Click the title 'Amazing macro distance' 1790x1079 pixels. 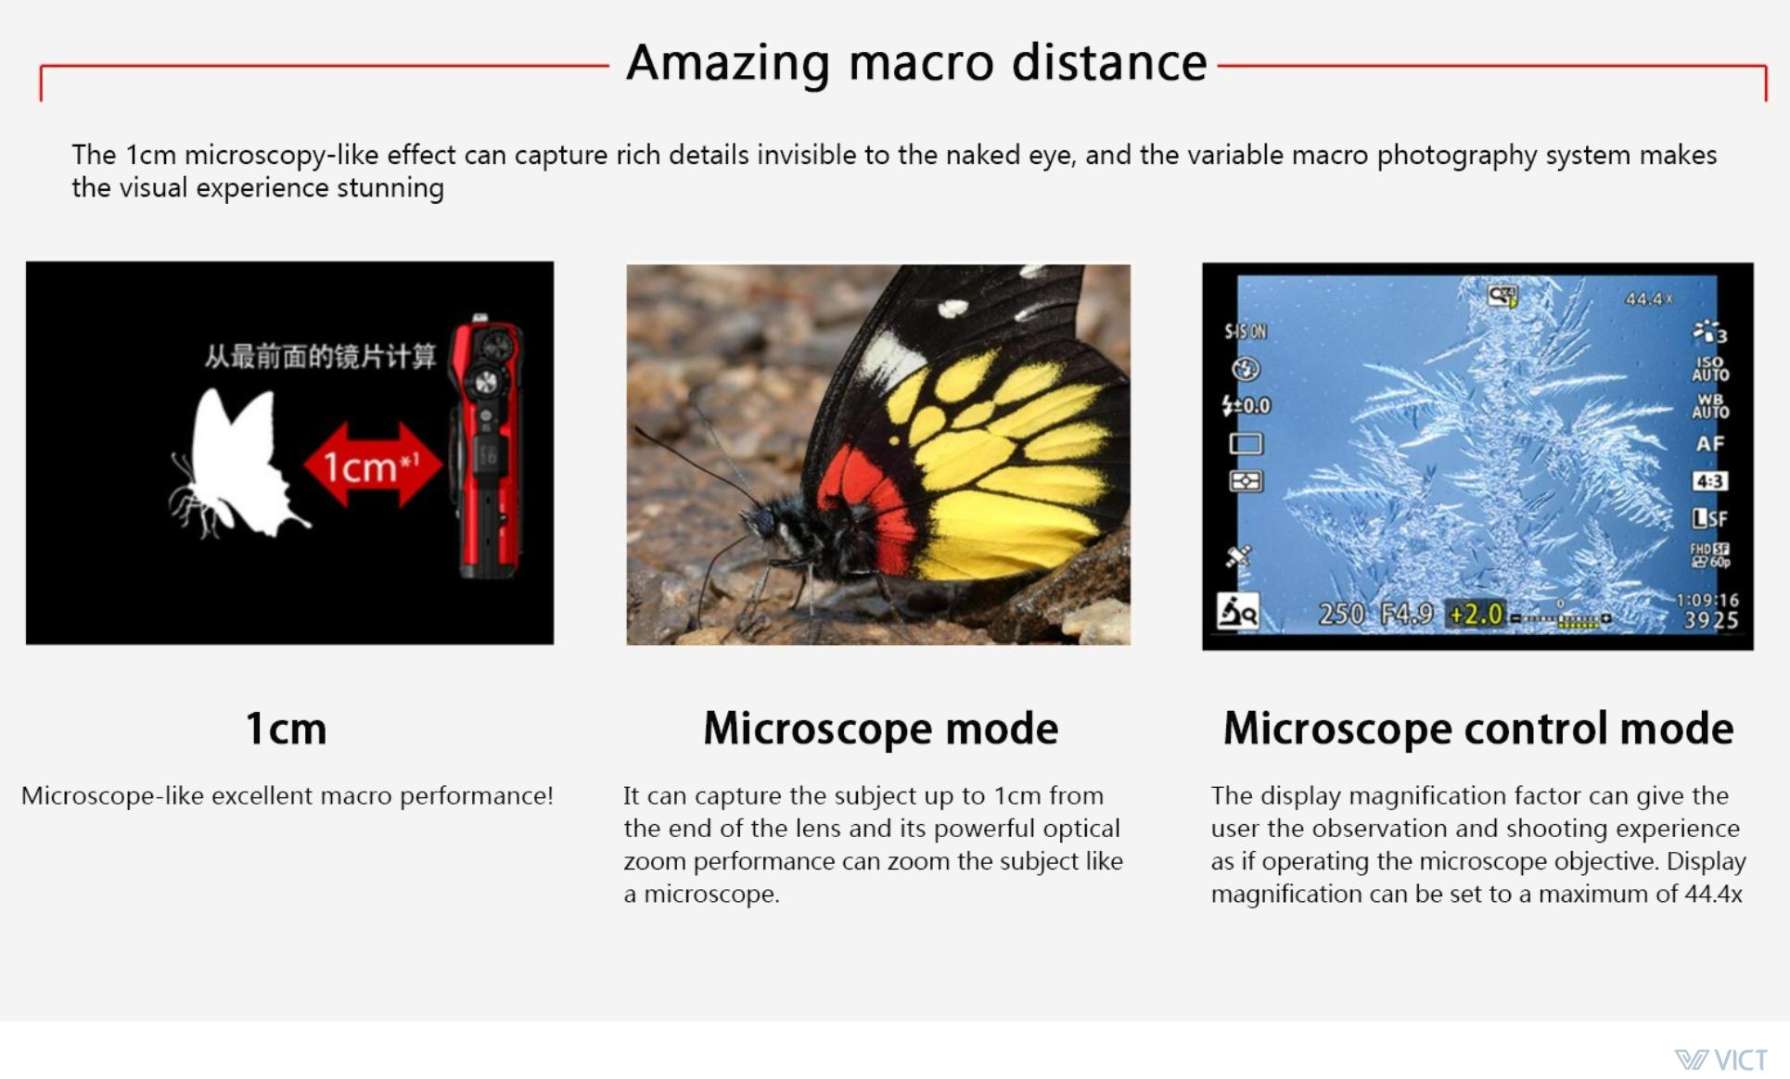click(916, 63)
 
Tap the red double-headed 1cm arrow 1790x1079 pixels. click(373, 465)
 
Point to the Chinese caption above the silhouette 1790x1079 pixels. click(320, 356)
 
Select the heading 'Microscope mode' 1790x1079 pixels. click(880, 728)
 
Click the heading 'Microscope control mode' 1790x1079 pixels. click(1477, 728)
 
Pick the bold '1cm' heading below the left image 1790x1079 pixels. click(286, 729)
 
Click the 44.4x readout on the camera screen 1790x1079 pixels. click(1648, 299)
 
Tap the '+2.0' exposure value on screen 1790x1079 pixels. click(1476, 614)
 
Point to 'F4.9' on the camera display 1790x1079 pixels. click(1406, 614)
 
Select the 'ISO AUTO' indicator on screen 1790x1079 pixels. click(1710, 369)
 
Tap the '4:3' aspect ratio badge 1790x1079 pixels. click(1709, 481)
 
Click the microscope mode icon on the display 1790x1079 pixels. click(1237, 612)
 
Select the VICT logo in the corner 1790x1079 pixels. click(1721, 1060)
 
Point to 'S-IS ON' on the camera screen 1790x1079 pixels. click(1245, 331)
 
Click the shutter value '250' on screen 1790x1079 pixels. click(1341, 614)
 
